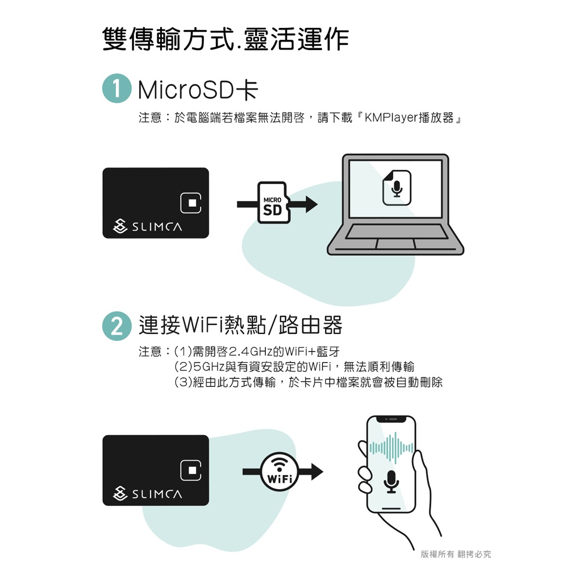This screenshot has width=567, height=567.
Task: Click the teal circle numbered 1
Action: click(x=116, y=88)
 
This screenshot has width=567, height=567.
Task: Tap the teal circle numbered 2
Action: click(x=116, y=326)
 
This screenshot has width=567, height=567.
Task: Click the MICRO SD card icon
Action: click(x=274, y=202)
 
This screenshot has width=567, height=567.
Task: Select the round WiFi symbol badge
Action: click(x=280, y=472)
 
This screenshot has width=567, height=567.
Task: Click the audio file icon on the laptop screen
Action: click(x=397, y=187)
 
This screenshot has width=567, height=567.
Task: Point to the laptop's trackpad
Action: click(x=395, y=244)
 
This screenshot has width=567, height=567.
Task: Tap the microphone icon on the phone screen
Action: click(x=391, y=482)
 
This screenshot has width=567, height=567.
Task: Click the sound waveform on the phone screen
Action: click(x=391, y=448)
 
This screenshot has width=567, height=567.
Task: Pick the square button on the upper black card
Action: click(x=190, y=202)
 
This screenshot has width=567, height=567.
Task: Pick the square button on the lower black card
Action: click(x=190, y=470)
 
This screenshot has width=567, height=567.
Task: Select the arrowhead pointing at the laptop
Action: click(x=311, y=205)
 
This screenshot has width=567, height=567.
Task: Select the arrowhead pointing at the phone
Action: click(x=317, y=472)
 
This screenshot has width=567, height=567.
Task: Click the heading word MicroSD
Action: click(x=186, y=90)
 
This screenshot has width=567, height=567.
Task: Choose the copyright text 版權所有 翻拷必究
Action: click(x=456, y=554)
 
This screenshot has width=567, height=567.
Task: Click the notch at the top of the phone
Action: click(x=391, y=419)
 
